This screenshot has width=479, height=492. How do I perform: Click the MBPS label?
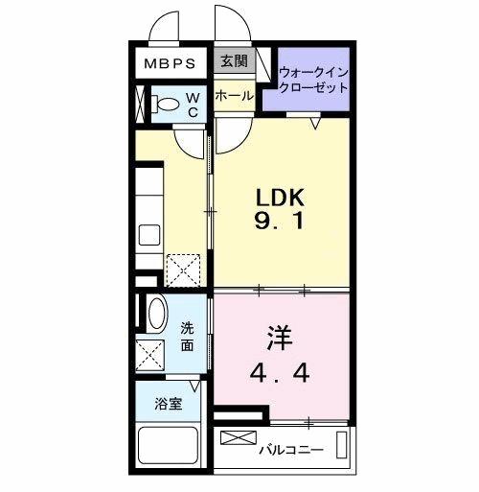(x=171, y=64)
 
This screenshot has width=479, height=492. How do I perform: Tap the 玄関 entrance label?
(x=233, y=62)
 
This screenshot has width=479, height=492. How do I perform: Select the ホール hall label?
(x=234, y=96)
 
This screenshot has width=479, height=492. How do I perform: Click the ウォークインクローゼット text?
(x=313, y=80)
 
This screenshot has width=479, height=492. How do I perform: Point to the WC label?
(x=192, y=105)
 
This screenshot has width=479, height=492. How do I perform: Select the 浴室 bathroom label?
(x=169, y=404)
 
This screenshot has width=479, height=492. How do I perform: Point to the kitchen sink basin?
(x=150, y=235)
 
